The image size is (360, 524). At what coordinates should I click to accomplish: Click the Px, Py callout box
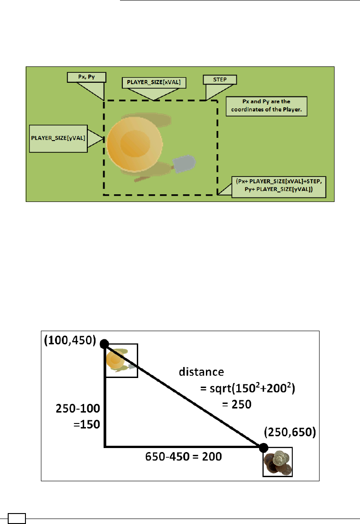[x=86, y=77]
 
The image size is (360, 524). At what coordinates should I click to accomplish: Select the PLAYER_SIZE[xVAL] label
[x=155, y=82]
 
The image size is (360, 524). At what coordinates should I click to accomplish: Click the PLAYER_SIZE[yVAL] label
[x=58, y=137]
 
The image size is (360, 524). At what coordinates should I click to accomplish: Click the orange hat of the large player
[x=134, y=142]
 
